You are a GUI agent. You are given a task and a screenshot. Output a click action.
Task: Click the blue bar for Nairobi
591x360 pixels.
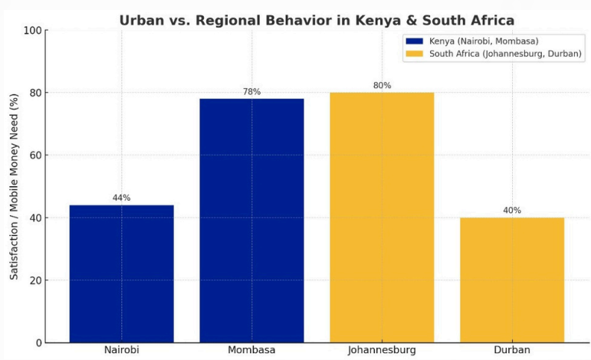point(121,273)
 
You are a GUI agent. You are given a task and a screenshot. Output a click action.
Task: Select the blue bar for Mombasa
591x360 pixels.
point(251,221)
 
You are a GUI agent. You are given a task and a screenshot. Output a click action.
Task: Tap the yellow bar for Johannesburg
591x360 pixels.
point(382,218)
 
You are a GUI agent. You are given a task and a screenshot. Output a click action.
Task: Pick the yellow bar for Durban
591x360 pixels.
point(512,280)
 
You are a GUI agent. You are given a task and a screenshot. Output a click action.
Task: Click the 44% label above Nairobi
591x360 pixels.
point(121,198)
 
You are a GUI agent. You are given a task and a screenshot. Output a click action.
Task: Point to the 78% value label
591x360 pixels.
point(251,92)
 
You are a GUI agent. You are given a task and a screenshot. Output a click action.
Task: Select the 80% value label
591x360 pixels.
point(382,86)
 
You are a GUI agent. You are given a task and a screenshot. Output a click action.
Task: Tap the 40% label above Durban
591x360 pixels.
point(512,211)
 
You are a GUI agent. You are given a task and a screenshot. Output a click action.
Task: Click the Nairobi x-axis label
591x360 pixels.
point(121,350)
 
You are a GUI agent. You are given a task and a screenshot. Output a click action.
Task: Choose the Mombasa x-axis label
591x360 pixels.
point(251,350)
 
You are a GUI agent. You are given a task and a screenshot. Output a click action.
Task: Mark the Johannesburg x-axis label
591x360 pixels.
point(382,350)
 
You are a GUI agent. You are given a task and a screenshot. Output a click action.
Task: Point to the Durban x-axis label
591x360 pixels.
point(512,350)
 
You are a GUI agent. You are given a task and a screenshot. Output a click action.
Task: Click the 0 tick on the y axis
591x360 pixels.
point(38,342)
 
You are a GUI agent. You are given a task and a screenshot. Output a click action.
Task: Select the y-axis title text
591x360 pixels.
point(14,186)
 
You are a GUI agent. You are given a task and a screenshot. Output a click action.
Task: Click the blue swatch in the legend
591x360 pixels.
point(415,41)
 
